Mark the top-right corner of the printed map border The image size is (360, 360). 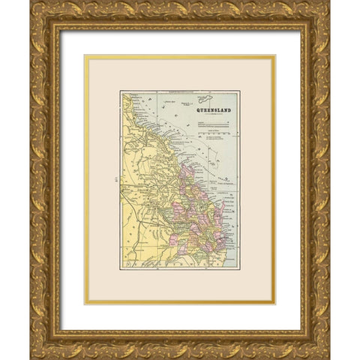239,91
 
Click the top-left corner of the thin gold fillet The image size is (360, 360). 85,55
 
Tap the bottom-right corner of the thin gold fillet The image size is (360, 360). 275,304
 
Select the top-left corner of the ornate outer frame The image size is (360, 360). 31,1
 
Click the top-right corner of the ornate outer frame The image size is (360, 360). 329,1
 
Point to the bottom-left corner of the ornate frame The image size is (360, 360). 31,358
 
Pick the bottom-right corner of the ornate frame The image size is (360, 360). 329,358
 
